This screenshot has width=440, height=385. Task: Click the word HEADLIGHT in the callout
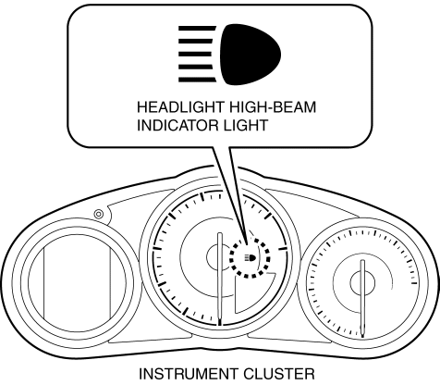click(x=180, y=107)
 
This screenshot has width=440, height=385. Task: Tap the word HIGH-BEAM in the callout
click(x=273, y=107)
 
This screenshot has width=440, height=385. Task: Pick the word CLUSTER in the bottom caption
click(x=279, y=374)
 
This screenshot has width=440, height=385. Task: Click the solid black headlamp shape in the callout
click(x=251, y=55)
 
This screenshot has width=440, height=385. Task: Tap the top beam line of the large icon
click(x=197, y=29)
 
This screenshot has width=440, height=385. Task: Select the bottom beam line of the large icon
click(x=197, y=80)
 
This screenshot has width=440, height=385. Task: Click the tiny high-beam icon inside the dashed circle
click(x=250, y=257)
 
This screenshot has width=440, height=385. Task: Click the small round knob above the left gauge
click(x=98, y=214)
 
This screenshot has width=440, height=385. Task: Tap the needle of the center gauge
click(x=220, y=279)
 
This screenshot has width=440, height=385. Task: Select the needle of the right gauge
click(x=362, y=299)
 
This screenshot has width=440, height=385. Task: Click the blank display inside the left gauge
click(x=77, y=282)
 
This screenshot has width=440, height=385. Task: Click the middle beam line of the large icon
click(x=195, y=55)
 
